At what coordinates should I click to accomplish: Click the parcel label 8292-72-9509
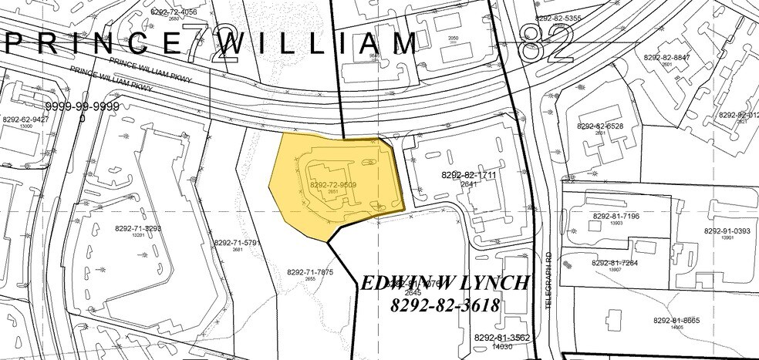tap(332, 185)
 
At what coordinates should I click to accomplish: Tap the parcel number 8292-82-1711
tap(467, 175)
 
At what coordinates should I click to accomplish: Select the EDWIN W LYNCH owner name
tap(445, 282)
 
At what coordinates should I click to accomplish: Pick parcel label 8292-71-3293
tap(138, 228)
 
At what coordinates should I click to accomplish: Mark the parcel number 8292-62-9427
tap(25, 119)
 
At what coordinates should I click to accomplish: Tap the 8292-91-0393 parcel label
tap(727, 230)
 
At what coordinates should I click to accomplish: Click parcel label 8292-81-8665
tap(679, 320)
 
